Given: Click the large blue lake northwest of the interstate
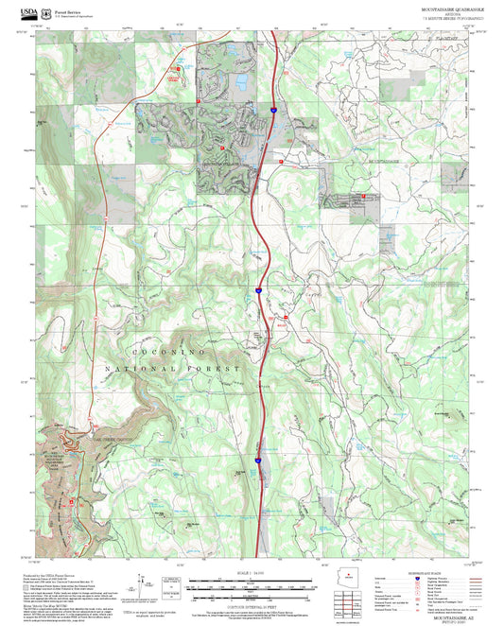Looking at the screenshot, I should click(x=243, y=82).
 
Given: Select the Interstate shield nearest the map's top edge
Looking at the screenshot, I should click(x=271, y=111).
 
